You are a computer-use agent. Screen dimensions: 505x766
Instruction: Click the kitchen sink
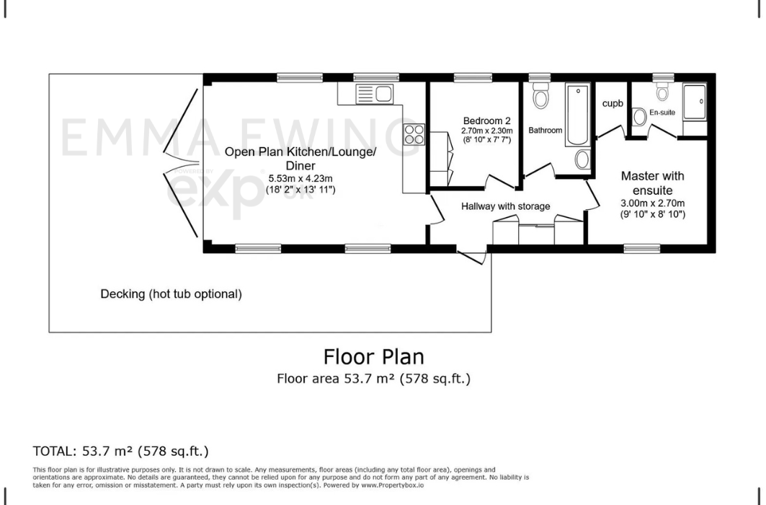pos(374,93)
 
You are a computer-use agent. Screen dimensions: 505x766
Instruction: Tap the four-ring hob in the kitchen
pos(414,135)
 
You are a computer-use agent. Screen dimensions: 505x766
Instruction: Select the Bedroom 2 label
pos(487,120)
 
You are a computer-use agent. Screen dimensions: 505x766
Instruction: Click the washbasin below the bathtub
pos(582,159)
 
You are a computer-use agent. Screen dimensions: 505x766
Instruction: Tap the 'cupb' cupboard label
pos(613,103)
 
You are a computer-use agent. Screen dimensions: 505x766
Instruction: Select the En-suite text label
pos(662,113)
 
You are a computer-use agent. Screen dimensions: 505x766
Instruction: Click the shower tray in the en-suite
pos(695,102)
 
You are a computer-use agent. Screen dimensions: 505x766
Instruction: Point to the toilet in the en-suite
pos(663,92)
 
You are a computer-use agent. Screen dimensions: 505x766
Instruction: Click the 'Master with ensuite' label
pos(652,183)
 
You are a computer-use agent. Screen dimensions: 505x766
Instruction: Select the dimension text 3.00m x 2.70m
pos(652,203)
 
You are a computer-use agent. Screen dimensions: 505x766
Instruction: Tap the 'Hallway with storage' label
pos(505,206)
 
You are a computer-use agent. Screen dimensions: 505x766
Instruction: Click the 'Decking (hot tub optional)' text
pos(171,294)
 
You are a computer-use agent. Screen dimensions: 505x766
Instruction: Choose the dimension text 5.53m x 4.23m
pos(300,178)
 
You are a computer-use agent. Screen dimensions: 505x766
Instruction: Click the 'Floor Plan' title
pos(373,357)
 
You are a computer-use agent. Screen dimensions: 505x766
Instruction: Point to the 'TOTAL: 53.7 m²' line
pos(120,452)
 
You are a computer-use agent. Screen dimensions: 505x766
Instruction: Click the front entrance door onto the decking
pos(472,255)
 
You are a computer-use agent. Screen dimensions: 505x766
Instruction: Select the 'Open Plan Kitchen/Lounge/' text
pos(300,152)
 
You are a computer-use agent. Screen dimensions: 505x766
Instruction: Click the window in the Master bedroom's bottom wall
pos(637,248)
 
